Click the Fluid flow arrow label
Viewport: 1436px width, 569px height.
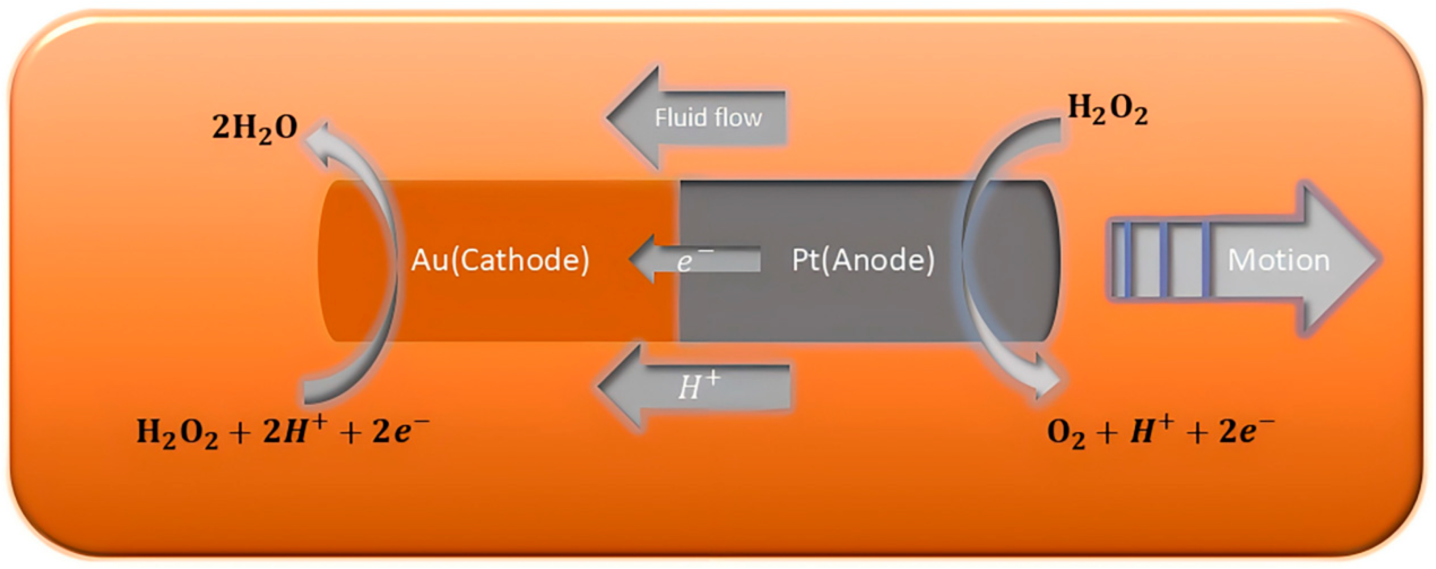click(x=708, y=118)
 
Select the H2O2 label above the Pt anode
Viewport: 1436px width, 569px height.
click(x=1107, y=110)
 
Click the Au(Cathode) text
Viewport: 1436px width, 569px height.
click(x=500, y=260)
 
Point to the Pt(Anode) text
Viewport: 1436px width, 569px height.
click(x=863, y=260)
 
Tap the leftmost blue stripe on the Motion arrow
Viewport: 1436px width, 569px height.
click(x=1127, y=260)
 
